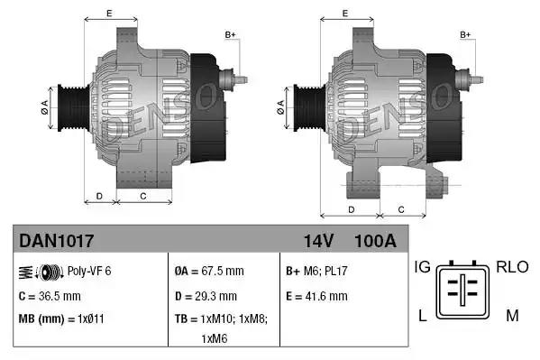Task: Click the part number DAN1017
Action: click(x=56, y=241)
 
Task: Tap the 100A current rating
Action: click(x=374, y=241)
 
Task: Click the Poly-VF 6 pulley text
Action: click(x=90, y=271)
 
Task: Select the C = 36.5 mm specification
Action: click(x=50, y=295)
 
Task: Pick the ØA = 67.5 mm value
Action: click(x=209, y=271)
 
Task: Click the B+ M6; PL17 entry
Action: click(x=318, y=271)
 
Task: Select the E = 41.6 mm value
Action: click(x=316, y=295)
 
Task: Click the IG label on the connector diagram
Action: click(x=423, y=267)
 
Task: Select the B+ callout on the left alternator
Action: click(x=230, y=34)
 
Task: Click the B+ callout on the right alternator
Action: click(x=466, y=34)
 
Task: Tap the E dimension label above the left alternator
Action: click(x=109, y=13)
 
